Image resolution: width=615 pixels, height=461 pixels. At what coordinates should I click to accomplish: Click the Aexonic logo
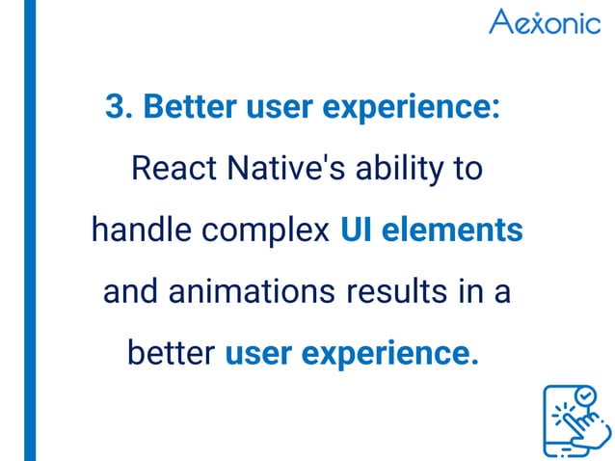point(544,22)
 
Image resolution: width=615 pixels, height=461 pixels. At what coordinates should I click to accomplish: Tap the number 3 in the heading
point(116,108)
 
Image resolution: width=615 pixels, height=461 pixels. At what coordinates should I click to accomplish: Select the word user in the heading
point(281,108)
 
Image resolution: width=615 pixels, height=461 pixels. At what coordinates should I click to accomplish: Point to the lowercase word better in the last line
point(171,353)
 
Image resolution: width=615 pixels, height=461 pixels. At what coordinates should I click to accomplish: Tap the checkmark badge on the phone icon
point(584,395)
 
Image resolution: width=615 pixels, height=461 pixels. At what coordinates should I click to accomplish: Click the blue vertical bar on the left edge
point(30,230)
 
